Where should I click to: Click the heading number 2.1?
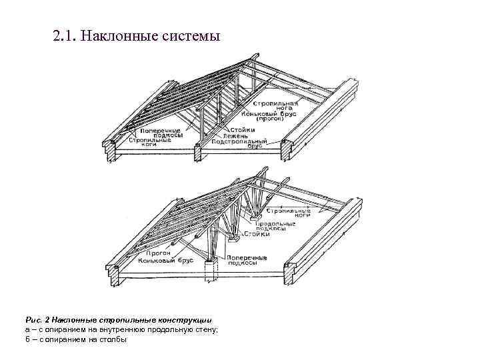pyautogui.click(x=63, y=35)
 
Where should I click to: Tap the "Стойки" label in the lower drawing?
pyautogui.click(x=258, y=235)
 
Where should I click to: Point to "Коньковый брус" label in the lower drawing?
pyautogui.click(x=165, y=261)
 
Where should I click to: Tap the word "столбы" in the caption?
pyautogui.click(x=113, y=339)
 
